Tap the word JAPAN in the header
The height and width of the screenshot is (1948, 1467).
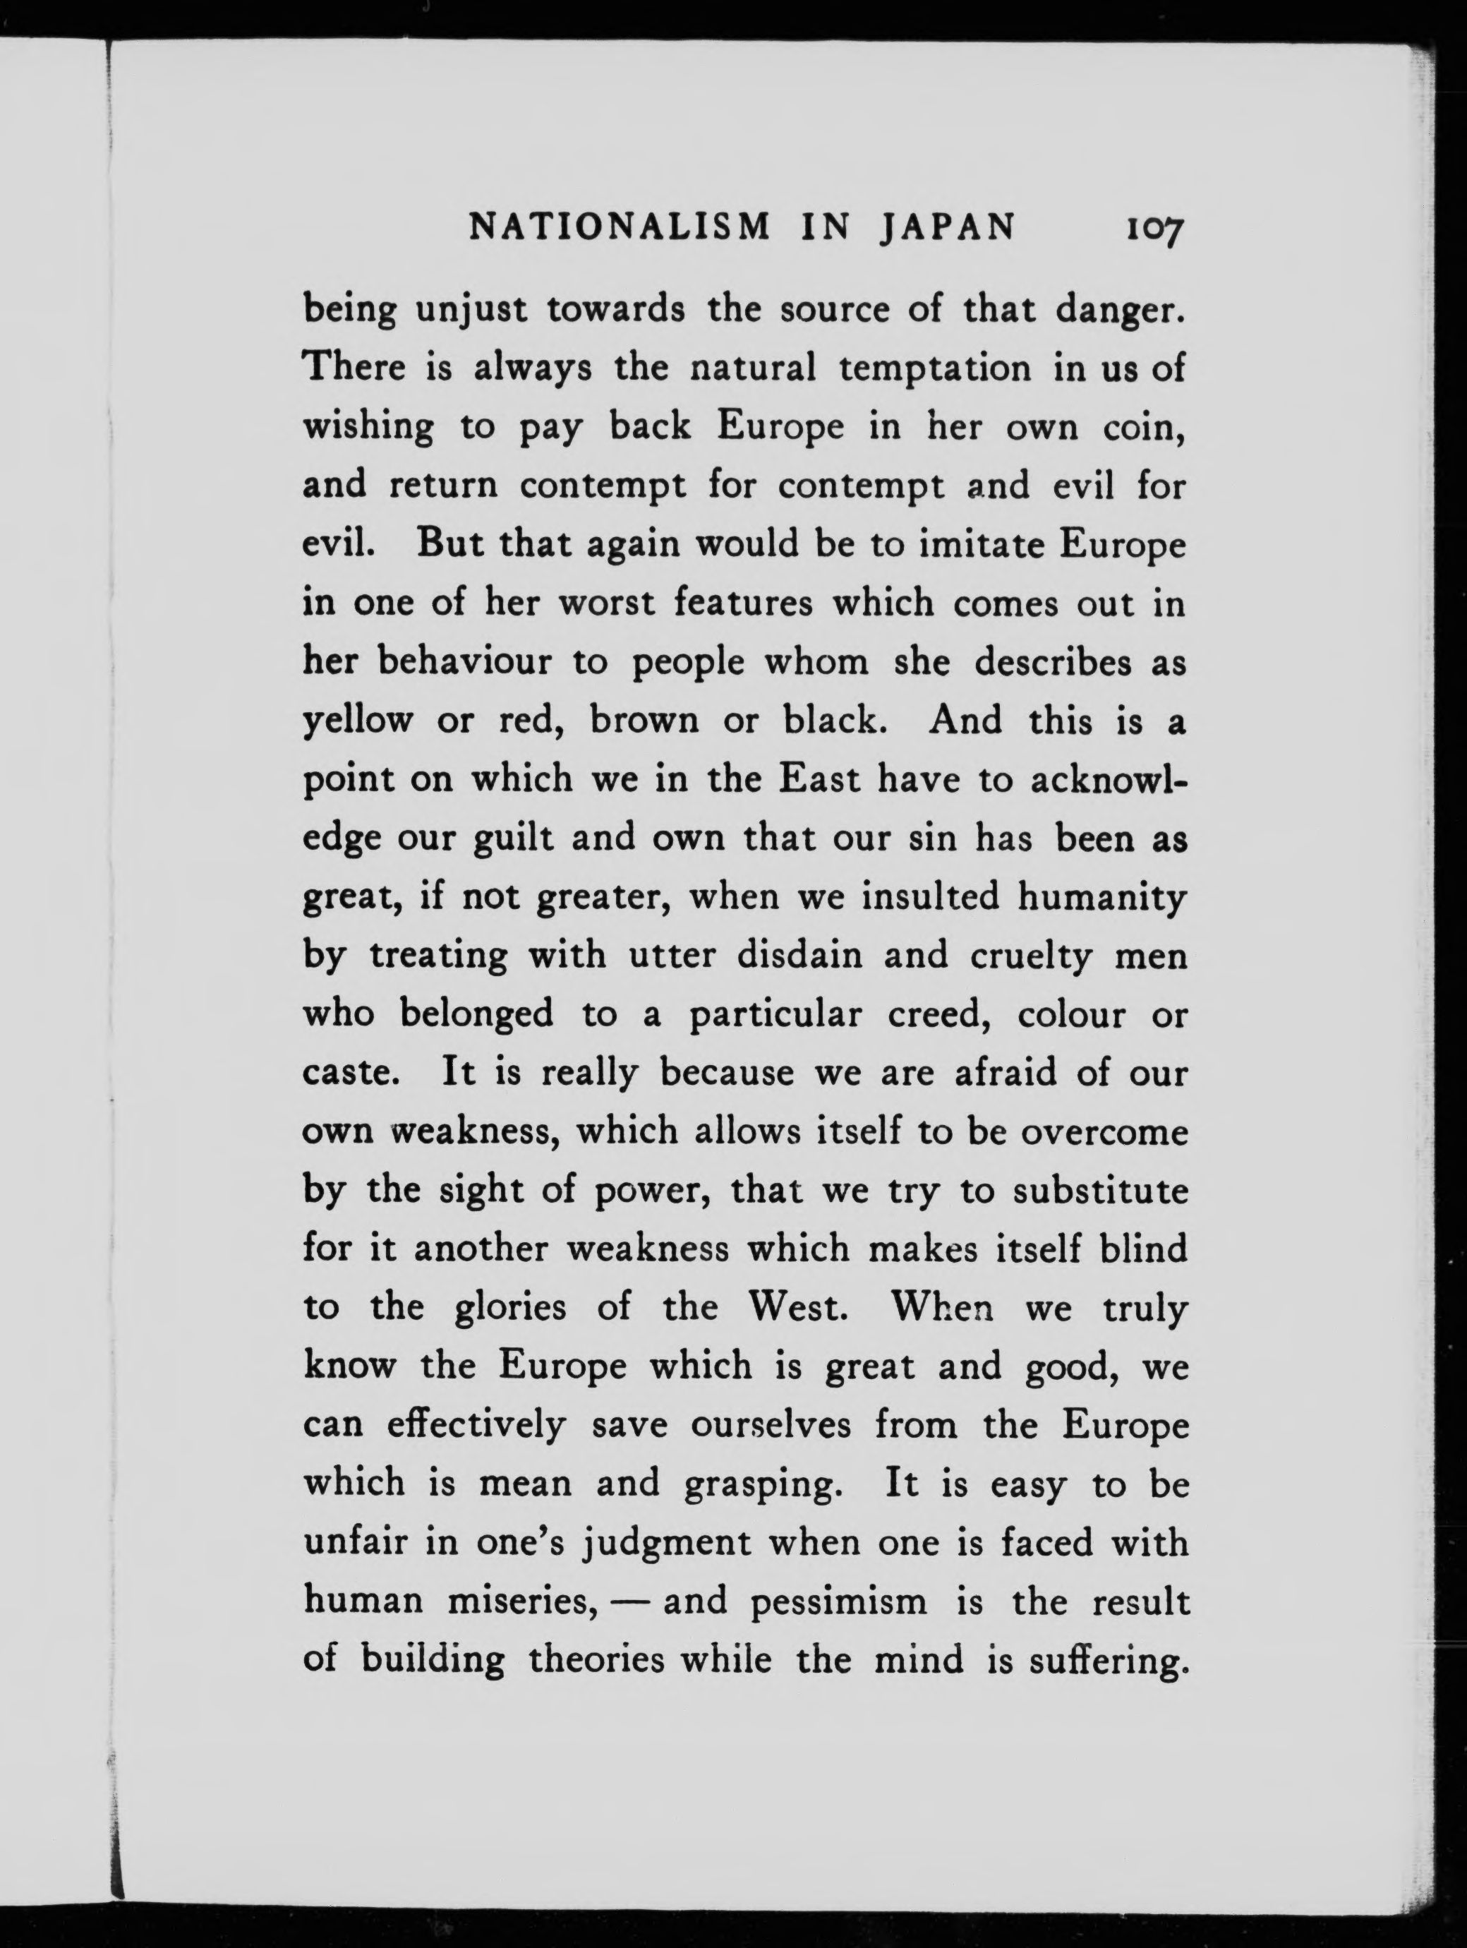(948, 228)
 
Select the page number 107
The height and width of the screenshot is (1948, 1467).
(1153, 230)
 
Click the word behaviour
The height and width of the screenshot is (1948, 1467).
(464, 661)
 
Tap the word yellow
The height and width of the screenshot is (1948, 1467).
(358, 721)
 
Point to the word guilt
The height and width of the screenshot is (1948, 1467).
(514, 838)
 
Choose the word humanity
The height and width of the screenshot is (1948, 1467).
(1102, 897)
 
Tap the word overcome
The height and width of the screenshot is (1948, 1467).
(1104, 1131)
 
